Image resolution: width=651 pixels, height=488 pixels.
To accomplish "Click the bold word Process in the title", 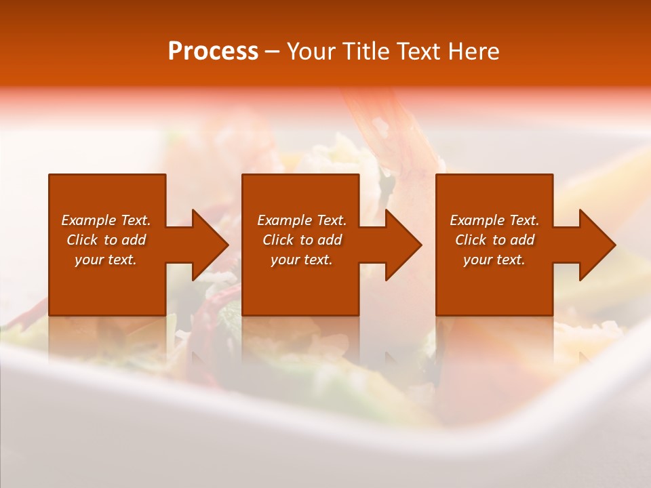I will pos(213,52).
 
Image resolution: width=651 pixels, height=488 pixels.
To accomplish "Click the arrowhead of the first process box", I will pos(210,245).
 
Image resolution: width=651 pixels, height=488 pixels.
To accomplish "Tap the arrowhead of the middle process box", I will pos(403,245).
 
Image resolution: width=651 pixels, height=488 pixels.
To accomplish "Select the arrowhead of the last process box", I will pos(597,245).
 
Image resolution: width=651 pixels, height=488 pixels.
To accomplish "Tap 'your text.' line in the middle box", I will pos(301,260).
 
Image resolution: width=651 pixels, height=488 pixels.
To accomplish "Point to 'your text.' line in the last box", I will pos(494,260).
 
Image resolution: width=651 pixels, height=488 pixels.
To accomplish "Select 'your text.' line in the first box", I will pos(106,260).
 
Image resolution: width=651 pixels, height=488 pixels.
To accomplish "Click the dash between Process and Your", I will pos(273,52).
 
